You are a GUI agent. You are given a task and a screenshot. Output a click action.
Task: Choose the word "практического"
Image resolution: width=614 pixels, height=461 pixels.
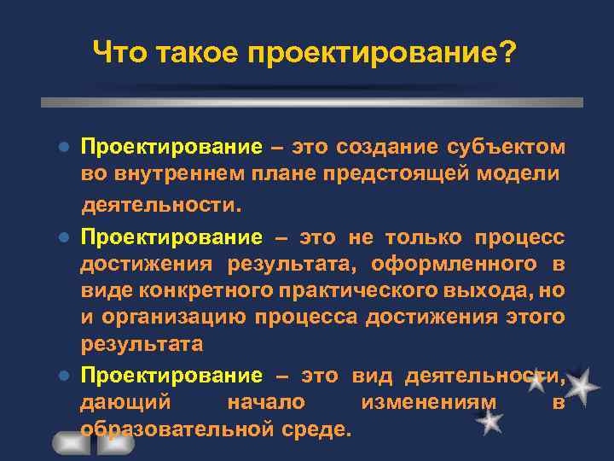click(358, 290)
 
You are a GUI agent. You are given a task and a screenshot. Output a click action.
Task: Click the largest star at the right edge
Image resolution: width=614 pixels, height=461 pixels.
click(582, 388)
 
